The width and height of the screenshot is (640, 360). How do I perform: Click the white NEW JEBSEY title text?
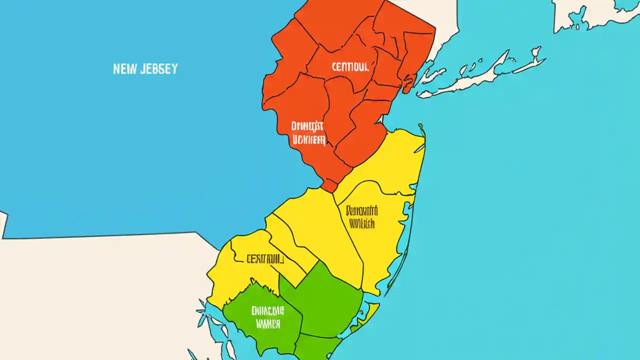click(145, 69)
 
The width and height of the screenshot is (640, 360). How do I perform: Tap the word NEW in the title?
click(124, 69)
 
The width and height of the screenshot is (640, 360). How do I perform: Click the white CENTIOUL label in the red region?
click(350, 67)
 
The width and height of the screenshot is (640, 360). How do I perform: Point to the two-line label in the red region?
click(308, 132)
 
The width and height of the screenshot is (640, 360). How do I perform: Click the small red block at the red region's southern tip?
click(329, 185)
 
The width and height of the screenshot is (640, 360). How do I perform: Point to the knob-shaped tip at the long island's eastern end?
click(536, 51)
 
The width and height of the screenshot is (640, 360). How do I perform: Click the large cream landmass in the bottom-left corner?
click(100, 295)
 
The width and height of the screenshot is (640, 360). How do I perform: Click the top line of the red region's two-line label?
click(308, 125)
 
